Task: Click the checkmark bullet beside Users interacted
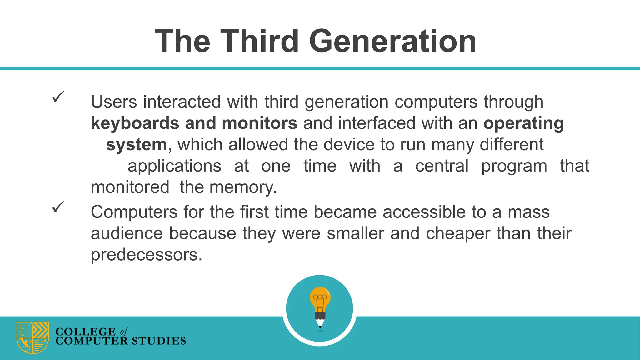coord(58,97)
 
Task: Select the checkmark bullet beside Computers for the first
coord(58,207)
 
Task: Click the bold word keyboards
coord(135,123)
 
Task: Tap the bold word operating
coord(523,123)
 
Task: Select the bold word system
coord(137,144)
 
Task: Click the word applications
coord(174,166)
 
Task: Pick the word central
coord(442,166)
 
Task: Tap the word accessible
coord(424,212)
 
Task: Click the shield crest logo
coord(32,337)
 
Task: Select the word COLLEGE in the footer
coord(85,331)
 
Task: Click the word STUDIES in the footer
coord(158,341)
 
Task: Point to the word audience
coord(127,233)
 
